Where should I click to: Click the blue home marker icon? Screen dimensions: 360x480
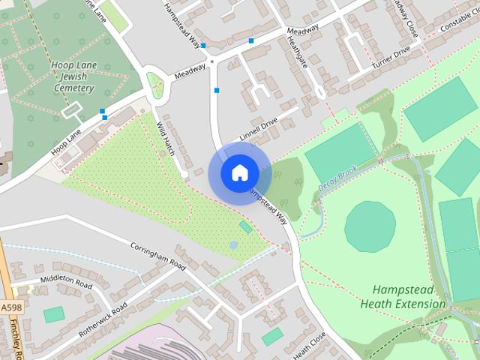239,172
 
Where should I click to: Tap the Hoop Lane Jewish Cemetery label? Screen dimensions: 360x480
73,77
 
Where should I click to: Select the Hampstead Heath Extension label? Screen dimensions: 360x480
403,297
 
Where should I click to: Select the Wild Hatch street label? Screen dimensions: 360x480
165,139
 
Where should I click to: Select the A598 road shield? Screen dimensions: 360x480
10,307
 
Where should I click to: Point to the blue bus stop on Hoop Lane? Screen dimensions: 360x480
103,113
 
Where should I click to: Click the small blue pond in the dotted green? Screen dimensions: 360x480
234,245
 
